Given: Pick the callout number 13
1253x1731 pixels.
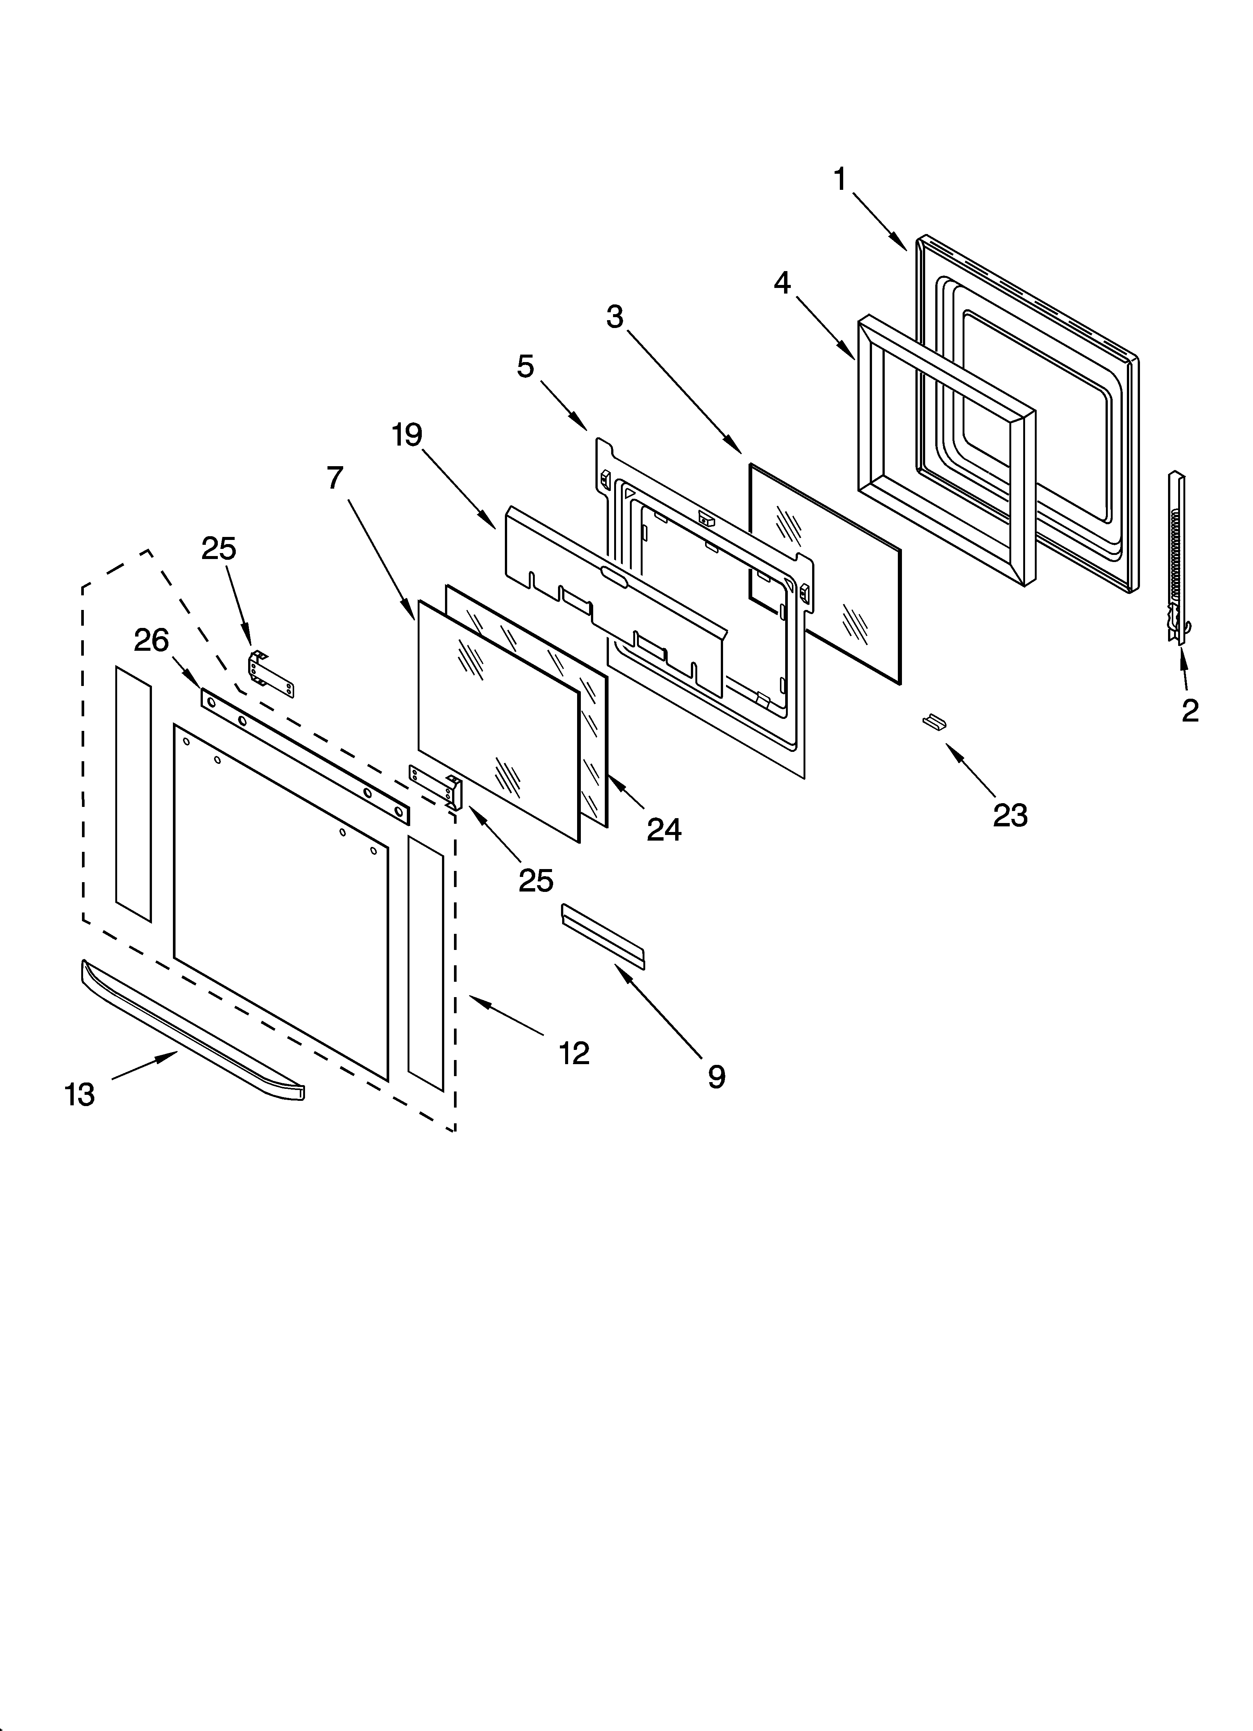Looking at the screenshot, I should tap(79, 1094).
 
